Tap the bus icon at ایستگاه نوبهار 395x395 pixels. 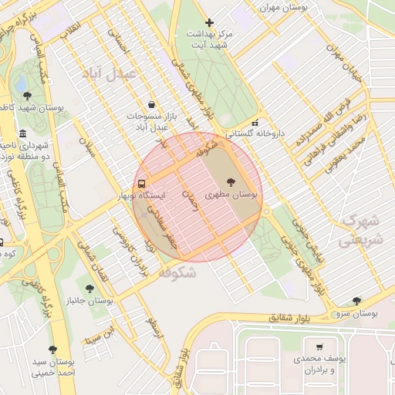pyautogui.click(x=141, y=184)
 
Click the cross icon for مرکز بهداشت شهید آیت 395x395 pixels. pyautogui.click(x=209, y=22)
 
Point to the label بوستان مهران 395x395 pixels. pyautogui.click(x=284, y=7)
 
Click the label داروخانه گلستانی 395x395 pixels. pyautogui.click(x=254, y=133)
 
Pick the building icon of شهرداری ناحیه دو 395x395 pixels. pyautogui.click(x=23, y=133)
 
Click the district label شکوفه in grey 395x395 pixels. pyautogui.click(x=177, y=273)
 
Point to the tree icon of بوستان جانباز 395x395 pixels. pyautogui.click(x=90, y=289)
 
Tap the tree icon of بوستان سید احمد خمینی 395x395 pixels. pyautogui.click(x=52, y=349)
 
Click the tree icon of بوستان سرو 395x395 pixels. pyautogui.click(x=356, y=301)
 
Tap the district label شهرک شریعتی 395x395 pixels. pyautogui.click(x=360, y=230)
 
